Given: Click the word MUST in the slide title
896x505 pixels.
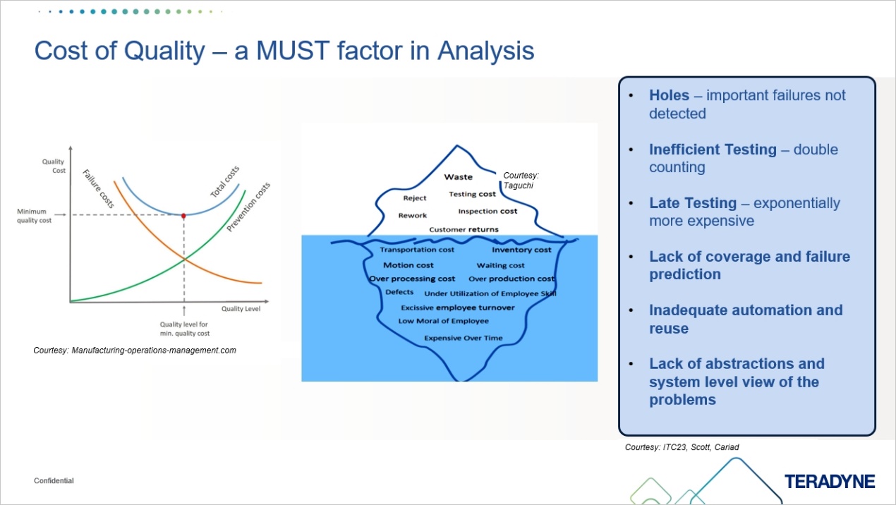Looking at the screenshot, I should pyautogui.click(x=273, y=51).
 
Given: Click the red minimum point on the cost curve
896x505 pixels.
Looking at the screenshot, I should pyautogui.click(x=184, y=215).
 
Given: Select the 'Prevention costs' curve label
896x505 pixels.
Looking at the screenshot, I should pyautogui.click(x=249, y=207).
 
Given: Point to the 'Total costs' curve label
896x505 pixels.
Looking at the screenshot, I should pyautogui.click(x=226, y=181).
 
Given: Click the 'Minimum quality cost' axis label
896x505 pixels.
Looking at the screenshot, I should pyautogui.click(x=35, y=215).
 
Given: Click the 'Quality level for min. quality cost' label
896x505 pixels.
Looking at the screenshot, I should pyautogui.click(x=184, y=329).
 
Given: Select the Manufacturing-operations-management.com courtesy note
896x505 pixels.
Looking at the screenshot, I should pyautogui.click(x=135, y=350).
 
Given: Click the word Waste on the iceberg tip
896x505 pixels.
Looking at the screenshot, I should pyautogui.click(x=458, y=177).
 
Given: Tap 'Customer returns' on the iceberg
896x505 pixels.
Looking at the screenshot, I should pyautogui.click(x=464, y=229).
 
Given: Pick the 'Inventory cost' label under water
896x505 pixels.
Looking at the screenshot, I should pyautogui.click(x=521, y=250).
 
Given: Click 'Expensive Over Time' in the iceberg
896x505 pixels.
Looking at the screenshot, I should pyautogui.click(x=463, y=338).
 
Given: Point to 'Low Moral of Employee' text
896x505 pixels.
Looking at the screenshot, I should pyautogui.click(x=443, y=321).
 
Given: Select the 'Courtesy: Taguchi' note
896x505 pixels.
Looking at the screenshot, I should pyautogui.click(x=521, y=179).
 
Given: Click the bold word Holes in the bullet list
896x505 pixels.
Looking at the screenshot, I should pyautogui.click(x=669, y=96).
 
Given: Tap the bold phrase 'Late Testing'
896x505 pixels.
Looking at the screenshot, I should pyautogui.click(x=693, y=203).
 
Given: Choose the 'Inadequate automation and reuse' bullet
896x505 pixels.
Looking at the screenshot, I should pyautogui.click(x=746, y=320).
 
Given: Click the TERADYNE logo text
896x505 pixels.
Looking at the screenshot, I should pyautogui.click(x=830, y=482).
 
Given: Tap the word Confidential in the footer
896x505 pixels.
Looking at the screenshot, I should pyautogui.click(x=54, y=481).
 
